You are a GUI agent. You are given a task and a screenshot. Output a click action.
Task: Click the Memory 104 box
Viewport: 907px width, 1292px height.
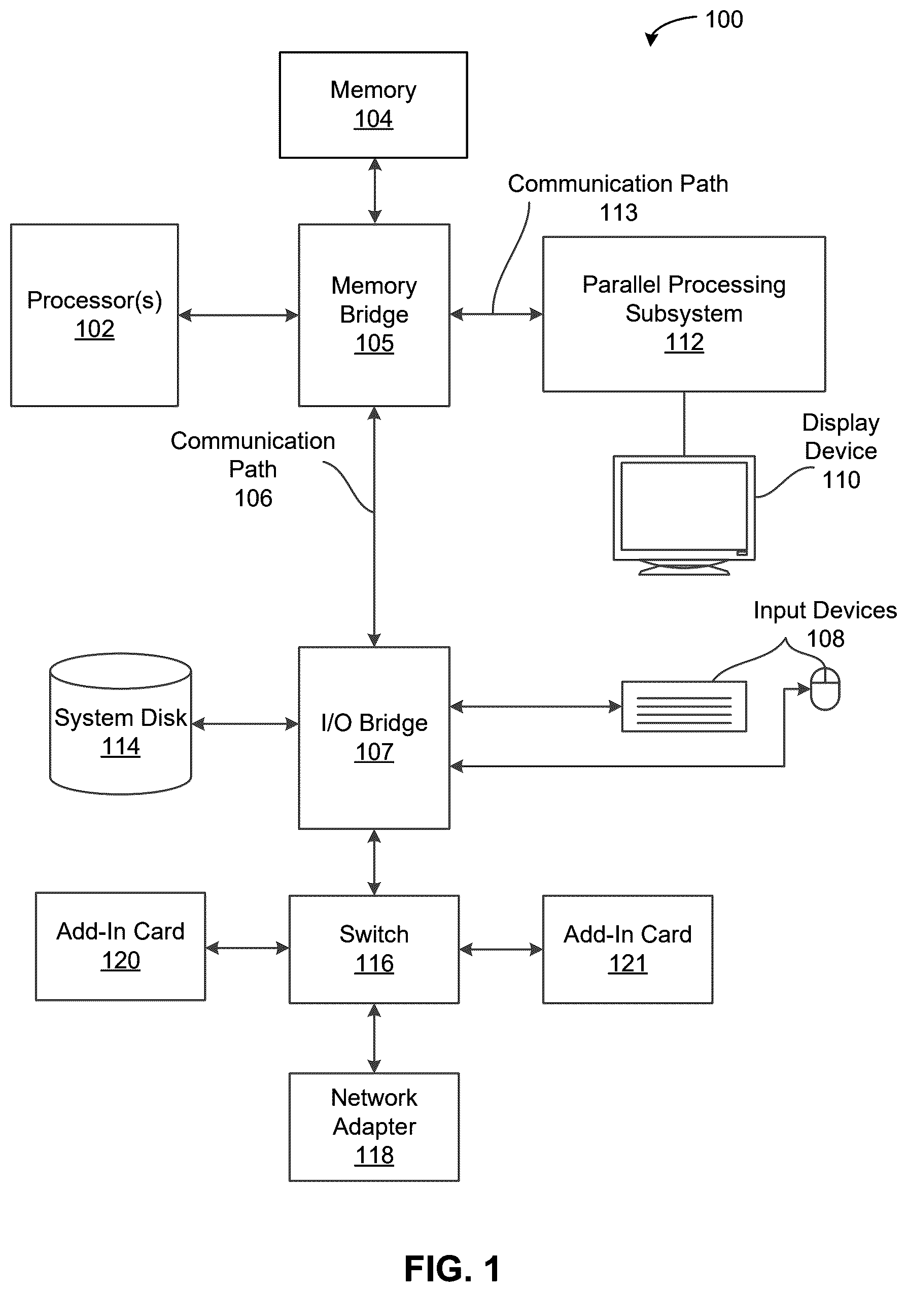point(373,105)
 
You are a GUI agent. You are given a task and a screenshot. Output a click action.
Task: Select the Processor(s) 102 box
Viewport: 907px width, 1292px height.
point(94,315)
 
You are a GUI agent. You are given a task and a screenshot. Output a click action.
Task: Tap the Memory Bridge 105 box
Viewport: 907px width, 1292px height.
point(374,315)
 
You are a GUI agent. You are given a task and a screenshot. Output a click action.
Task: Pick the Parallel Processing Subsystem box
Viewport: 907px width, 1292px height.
point(684,314)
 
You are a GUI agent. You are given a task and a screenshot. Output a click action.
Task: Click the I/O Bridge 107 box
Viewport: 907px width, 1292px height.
point(374,738)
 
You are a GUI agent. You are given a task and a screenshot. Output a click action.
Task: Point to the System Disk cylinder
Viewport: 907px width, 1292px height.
point(120,724)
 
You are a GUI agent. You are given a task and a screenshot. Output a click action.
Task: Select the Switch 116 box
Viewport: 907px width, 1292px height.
point(374,949)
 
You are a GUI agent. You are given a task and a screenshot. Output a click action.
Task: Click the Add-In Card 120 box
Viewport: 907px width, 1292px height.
point(120,947)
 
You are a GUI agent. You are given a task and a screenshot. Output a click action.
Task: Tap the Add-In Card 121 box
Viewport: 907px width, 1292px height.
point(628,949)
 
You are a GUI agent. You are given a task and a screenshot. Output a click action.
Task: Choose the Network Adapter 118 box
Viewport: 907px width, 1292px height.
point(374,1127)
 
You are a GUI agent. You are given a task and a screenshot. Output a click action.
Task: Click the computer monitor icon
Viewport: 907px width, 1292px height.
point(684,515)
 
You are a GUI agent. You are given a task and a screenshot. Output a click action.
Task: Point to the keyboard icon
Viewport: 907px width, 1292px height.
point(684,706)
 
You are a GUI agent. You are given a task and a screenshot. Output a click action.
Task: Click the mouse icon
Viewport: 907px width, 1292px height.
point(825,689)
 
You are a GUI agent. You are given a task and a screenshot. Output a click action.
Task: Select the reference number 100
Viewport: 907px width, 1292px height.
point(724,20)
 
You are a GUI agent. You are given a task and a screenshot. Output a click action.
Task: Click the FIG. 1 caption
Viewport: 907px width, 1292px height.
point(452,1269)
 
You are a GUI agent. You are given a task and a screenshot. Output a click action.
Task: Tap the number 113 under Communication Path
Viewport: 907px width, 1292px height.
point(618,213)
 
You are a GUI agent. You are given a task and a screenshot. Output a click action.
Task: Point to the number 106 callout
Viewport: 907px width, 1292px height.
point(253,498)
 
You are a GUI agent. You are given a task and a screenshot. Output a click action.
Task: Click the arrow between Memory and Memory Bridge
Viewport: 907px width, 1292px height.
point(375,191)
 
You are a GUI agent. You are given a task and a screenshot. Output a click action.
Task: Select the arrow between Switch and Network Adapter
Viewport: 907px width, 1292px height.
point(374,1038)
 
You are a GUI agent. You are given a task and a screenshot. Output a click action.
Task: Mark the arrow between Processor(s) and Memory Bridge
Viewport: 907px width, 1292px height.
point(238,315)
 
